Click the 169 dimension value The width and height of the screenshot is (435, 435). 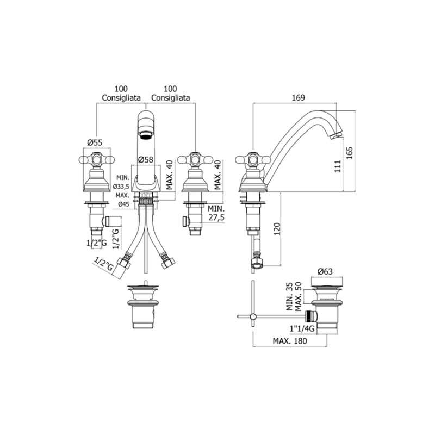click(x=298, y=97)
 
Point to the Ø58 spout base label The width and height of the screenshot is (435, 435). click(x=145, y=159)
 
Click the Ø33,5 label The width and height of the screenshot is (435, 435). click(x=122, y=187)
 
